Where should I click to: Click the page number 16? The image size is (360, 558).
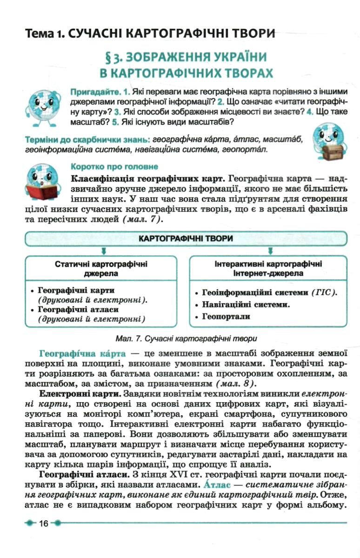click(x=44, y=524)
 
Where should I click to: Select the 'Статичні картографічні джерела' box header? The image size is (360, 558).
click(x=101, y=269)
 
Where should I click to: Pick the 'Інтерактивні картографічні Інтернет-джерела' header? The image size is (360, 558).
click(x=268, y=269)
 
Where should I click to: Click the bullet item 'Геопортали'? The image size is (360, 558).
click(x=226, y=317)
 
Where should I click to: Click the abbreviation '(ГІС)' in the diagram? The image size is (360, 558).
click(x=324, y=293)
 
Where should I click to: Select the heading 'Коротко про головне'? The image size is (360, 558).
click(x=114, y=166)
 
